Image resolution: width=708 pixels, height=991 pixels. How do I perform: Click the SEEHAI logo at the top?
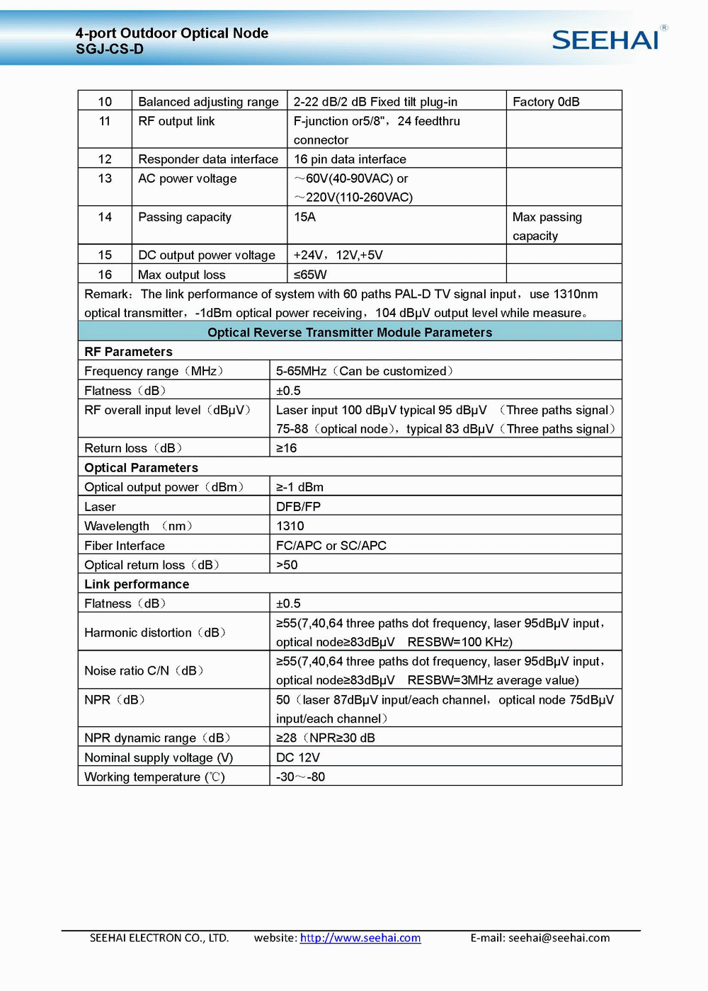coord(608,39)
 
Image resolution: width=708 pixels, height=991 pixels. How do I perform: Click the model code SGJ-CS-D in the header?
coord(110,50)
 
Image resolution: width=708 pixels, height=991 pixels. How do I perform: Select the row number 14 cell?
coord(105,217)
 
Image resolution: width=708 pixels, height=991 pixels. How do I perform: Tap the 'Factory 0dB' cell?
coord(546,102)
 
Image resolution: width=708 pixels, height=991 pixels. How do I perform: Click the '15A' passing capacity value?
coord(305,217)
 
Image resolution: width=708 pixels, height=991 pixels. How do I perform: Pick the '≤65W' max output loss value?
coord(310,275)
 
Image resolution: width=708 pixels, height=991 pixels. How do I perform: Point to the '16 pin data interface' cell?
coord(350,159)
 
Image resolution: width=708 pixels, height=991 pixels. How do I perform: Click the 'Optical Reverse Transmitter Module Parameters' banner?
coord(350,333)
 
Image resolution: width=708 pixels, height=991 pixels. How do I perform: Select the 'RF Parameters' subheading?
coord(128,352)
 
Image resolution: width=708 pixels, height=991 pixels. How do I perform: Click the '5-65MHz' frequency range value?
coord(302,371)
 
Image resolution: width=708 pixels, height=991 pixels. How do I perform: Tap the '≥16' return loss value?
coord(286,448)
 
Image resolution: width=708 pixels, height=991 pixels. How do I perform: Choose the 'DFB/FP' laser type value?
coord(298,507)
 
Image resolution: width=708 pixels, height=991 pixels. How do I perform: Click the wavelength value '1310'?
coord(290,526)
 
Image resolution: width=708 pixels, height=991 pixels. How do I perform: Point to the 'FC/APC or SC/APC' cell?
coord(331,546)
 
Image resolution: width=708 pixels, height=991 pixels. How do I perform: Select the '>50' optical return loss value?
coord(287,565)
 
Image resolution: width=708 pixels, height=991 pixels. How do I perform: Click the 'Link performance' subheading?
coord(137,584)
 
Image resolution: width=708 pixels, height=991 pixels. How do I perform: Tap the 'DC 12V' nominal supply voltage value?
coord(298,757)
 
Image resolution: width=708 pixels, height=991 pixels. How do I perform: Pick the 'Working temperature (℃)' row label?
coord(154,777)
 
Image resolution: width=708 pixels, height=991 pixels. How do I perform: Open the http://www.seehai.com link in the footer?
coord(360,938)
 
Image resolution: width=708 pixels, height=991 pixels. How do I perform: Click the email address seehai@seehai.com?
coord(559,938)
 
